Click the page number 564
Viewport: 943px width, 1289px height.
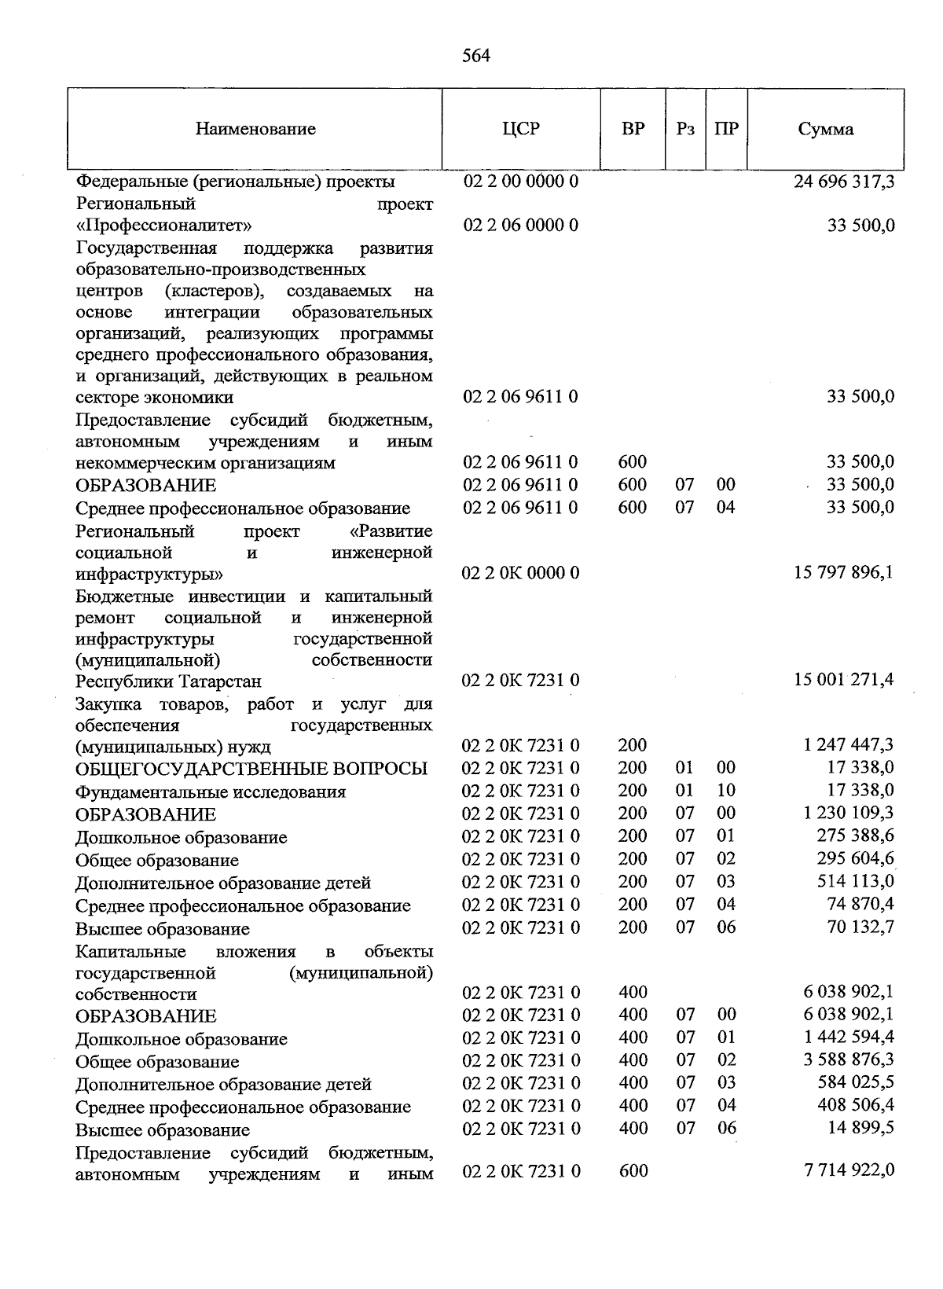(476, 56)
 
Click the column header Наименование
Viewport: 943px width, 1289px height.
(255, 129)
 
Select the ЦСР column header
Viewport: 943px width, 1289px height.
(521, 129)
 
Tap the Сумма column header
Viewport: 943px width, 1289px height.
(825, 130)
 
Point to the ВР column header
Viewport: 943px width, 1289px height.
(633, 129)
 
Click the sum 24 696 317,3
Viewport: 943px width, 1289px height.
(844, 182)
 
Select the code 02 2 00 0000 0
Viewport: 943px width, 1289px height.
(521, 182)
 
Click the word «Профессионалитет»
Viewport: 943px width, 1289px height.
(164, 226)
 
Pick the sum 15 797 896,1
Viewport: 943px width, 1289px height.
(844, 571)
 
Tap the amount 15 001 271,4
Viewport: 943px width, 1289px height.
(844, 679)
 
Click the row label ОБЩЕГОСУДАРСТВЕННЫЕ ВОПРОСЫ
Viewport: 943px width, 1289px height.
(251, 769)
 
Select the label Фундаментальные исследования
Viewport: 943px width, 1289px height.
(211, 791)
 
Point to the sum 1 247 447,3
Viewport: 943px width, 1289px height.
(849, 744)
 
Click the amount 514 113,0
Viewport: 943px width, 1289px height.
(856, 881)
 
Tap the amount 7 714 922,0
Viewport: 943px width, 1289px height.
(849, 1170)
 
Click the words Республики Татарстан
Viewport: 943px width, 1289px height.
(168, 681)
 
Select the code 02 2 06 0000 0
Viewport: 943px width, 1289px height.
(521, 226)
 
